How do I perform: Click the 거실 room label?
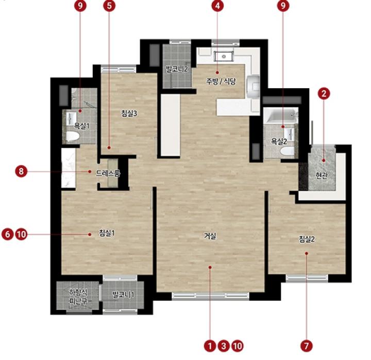pyautogui.click(x=210, y=236)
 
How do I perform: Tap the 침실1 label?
pyautogui.click(x=107, y=233)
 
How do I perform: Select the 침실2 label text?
pyautogui.click(x=307, y=239)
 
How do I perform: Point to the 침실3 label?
pyautogui.click(x=129, y=113)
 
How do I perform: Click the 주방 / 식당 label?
pyautogui.click(x=221, y=81)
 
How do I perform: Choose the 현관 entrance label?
pyautogui.click(x=322, y=175)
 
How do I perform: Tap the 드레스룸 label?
pyautogui.click(x=108, y=174)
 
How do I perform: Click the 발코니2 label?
pyautogui.click(x=177, y=70)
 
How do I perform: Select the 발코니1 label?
pyautogui.click(x=123, y=295)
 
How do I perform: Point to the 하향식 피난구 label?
pyautogui.click(x=78, y=297)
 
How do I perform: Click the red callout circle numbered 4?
pyautogui.click(x=217, y=6)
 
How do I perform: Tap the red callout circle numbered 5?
pyautogui.click(x=109, y=6)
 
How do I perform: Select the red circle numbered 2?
pyautogui.click(x=324, y=94)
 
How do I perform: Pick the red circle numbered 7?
pyautogui.click(x=307, y=346)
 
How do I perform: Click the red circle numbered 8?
pyautogui.click(x=21, y=171)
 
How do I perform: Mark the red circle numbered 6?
pyautogui.click(x=8, y=235)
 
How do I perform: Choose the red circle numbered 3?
pyautogui.click(x=224, y=346)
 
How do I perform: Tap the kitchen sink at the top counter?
pyautogui.click(x=224, y=56)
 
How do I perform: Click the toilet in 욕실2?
pyautogui.click(x=287, y=151)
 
